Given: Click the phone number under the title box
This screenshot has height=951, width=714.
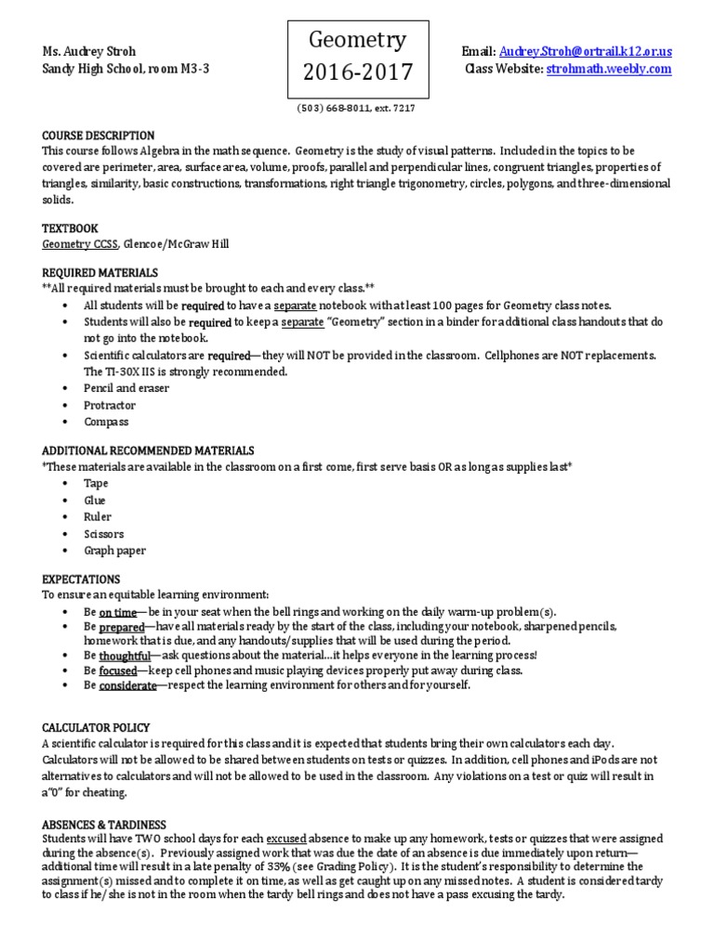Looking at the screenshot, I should (x=356, y=108).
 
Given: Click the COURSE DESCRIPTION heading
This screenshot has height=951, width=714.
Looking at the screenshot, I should (x=99, y=136).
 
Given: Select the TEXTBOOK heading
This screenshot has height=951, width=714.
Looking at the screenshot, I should (x=70, y=228).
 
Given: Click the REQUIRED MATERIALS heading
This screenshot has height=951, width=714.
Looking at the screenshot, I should (x=100, y=273).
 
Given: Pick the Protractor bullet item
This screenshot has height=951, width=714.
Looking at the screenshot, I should (x=110, y=405).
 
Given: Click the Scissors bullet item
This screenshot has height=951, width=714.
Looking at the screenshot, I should (x=103, y=534).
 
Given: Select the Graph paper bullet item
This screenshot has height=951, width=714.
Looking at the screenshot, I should (x=114, y=551).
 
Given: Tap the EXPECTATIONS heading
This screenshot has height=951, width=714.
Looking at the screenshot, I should (x=82, y=579).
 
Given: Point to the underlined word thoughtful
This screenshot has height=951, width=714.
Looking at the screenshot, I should (x=126, y=655).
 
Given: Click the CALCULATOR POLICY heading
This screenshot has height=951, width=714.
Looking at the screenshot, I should (x=97, y=727).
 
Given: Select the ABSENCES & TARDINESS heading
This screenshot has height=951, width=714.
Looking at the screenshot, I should (x=105, y=824).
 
